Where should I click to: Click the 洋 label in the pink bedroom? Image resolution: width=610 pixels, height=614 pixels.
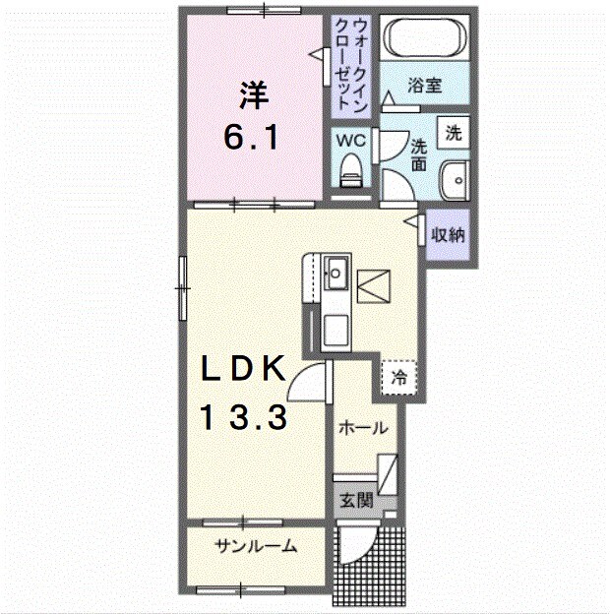pos(254,95)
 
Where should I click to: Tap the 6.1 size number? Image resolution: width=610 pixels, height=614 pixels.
pos(251,136)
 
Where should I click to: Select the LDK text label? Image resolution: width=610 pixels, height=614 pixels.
pos(243,368)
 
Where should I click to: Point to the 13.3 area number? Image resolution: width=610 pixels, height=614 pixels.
pos(244,417)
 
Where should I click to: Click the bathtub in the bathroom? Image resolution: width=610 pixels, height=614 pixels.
pos(425,37)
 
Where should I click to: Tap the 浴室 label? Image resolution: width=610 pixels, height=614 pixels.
pos(425,85)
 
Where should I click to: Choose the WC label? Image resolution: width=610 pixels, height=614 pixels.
pos(351,140)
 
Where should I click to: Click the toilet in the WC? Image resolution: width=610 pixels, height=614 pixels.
pos(350,171)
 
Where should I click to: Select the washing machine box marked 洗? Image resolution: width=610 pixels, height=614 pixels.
pos(454,133)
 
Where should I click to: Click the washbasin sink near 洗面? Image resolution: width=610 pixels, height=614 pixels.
pos(455,180)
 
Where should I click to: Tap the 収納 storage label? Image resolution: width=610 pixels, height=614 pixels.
pos(448,234)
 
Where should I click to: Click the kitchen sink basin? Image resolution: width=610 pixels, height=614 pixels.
pos(335,274)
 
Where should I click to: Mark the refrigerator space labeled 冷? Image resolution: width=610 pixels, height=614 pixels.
pos(398,378)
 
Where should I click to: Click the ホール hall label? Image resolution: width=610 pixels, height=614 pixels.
pos(363,428)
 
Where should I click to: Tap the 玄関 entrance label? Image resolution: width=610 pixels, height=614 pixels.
pos(356,500)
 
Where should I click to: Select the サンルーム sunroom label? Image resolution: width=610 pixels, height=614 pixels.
pos(256,545)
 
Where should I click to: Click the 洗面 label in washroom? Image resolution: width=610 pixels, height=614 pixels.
pos(418,155)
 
